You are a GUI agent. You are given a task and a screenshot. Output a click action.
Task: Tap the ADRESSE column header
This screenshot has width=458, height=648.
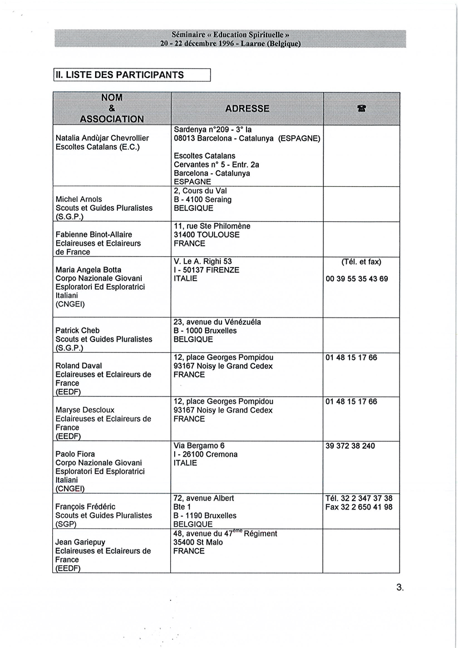[247, 108]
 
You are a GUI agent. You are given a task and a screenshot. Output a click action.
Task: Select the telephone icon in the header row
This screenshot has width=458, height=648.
[361, 109]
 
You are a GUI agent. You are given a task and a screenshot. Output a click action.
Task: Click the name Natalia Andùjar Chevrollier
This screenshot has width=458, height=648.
[102, 138]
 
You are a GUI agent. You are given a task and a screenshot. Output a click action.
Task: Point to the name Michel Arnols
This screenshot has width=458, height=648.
[78, 199]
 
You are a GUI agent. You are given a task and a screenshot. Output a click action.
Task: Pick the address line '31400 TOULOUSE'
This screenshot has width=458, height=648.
[206, 235]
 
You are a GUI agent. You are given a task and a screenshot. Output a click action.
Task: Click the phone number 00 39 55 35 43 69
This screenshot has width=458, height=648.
[357, 279]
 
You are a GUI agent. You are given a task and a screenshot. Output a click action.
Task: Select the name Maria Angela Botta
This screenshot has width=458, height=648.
[88, 270]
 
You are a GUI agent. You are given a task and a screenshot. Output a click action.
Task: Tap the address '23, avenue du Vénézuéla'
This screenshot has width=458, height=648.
[217, 321]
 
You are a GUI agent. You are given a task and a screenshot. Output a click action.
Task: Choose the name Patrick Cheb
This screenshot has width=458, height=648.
[77, 330]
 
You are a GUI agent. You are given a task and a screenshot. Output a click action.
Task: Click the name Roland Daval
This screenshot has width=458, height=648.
[78, 365]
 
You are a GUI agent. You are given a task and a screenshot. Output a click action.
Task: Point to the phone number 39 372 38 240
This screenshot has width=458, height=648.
[350, 446]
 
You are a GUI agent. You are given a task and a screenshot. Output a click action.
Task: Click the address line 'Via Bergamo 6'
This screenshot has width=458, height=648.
[199, 446]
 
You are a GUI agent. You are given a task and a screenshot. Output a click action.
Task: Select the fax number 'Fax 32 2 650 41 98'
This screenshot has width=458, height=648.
[359, 507]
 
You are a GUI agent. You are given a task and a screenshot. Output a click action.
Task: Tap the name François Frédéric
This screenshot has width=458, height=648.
[85, 507]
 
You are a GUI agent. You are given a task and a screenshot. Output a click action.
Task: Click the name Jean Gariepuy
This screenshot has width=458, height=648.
[80, 542]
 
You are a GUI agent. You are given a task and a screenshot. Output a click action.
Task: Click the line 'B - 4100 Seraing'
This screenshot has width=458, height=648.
[203, 199]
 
